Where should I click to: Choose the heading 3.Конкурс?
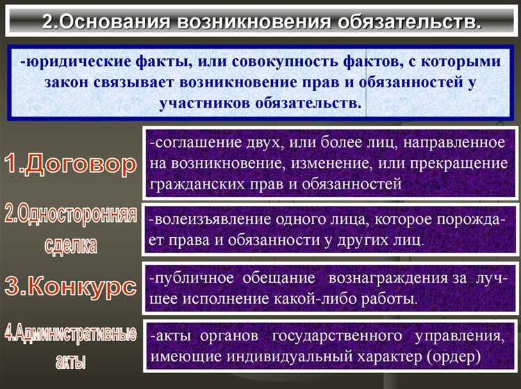[x=69, y=286]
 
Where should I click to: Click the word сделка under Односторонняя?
[x=70, y=244]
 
